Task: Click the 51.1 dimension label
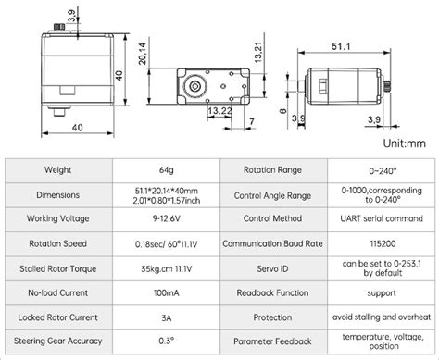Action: (x=341, y=46)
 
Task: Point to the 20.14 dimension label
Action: (x=143, y=54)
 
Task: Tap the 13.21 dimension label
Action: (x=258, y=52)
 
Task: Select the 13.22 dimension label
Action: (x=219, y=110)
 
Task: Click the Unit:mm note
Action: (x=404, y=143)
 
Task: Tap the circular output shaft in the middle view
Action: (x=194, y=86)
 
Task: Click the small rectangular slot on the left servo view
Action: (x=68, y=91)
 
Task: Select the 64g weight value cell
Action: (x=167, y=170)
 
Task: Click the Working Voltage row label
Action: (x=58, y=218)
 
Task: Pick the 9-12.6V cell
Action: (x=167, y=218)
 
